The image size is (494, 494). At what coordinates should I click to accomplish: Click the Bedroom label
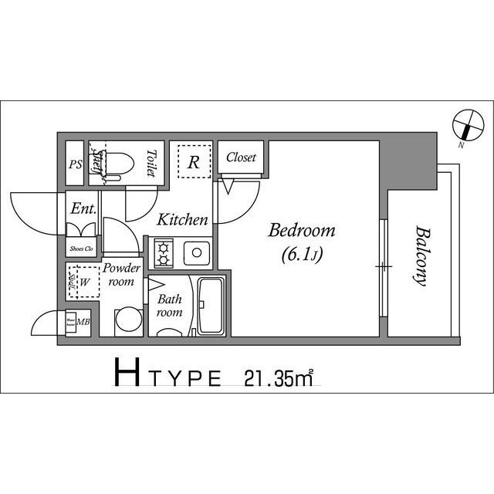coord(302,230)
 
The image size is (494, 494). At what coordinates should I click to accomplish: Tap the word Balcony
coord(421,255)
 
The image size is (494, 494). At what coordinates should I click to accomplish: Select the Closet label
coord(241,157)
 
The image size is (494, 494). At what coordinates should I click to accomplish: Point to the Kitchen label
coord(183,220)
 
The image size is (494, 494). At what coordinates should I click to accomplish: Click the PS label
coord(75,164)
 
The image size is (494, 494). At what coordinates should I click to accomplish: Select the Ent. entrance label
coord(83,208)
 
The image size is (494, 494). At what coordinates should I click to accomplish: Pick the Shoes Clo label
coord(81,249)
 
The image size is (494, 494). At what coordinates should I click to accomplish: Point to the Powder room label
coord(121,275)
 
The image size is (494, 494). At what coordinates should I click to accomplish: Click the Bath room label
coord(169,306)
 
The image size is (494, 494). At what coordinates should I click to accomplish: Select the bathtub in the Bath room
coord(210,306)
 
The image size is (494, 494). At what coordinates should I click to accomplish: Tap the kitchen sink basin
coord(198,252)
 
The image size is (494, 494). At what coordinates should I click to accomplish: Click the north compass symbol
coord(463,123)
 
